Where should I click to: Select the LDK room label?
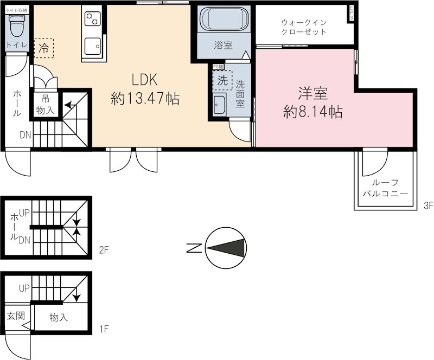click(x=144, y=80)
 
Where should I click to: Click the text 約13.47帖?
click(x=145, y=99)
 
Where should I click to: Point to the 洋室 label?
click(x=312, y=93)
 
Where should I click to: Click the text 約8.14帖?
click(x=312, y=112)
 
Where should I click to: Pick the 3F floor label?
click(x=428, y=205)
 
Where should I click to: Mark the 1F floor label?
click(x=104, y=329)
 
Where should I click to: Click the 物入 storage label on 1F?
click(x=59, y=317)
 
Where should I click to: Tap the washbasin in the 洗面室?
click(x=219, y=104)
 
